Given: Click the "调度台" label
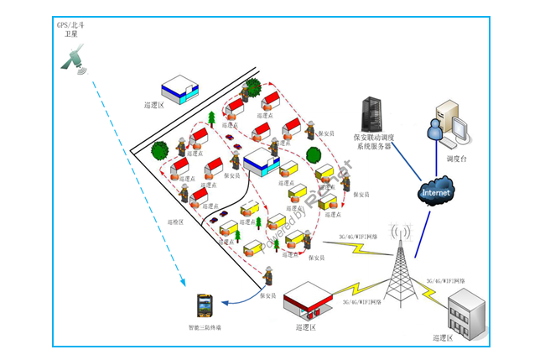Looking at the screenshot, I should [457, 159].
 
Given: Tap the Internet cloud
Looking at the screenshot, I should [435, 192].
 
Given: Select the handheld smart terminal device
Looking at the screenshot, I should [204, 305].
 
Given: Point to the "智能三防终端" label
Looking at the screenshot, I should [205, 327].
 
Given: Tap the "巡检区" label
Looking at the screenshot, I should [175, 222].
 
